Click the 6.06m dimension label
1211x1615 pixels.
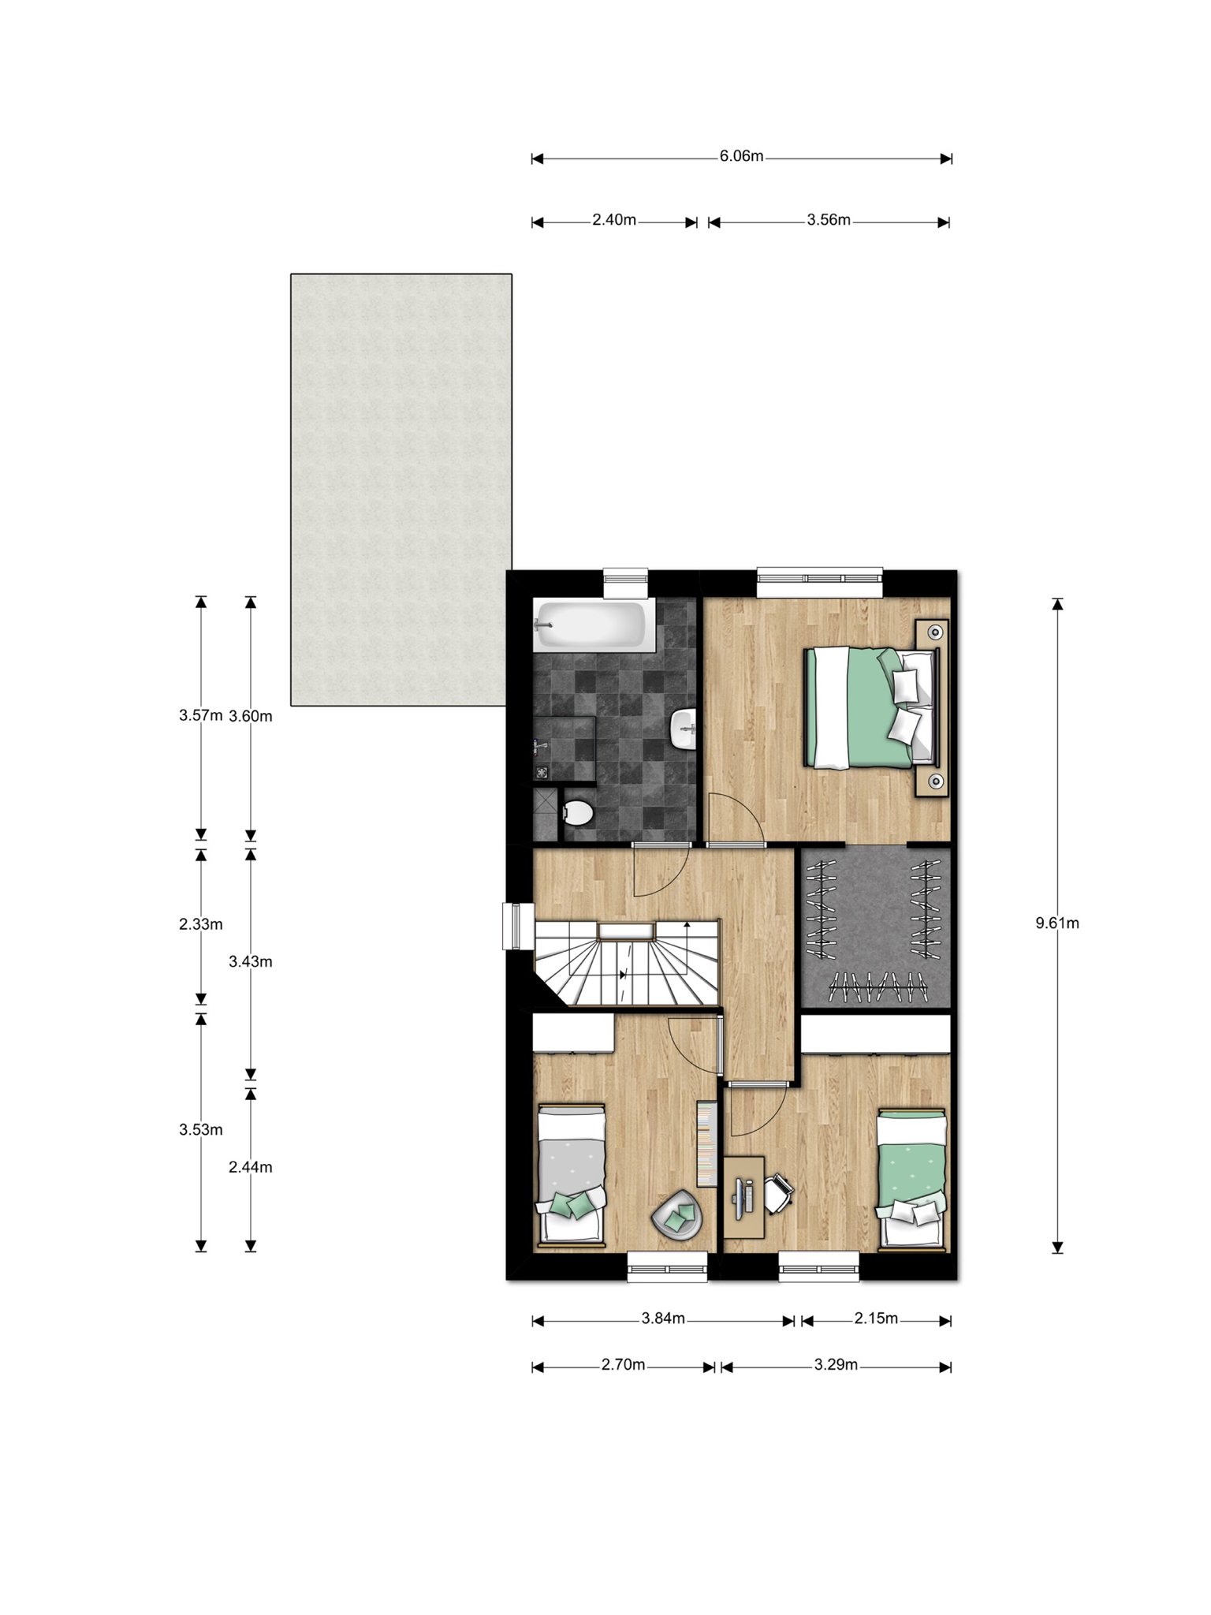[x=741, y=156]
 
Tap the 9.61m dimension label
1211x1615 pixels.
[x=1057, y=923]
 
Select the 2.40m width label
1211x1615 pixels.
[x=614, y=220]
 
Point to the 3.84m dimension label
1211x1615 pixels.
[x=663, y=1318]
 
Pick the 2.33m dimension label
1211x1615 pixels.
[x=201, y=924]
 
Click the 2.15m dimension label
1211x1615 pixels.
[x=876, y=1318]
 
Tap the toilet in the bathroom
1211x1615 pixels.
[x=578, y=812]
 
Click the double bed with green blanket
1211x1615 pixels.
[x=871, y=707]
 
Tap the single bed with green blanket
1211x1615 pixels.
[x=912, y=1179]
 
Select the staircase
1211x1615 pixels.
[x=628, y=963]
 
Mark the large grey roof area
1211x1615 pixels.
[x=401, y=489]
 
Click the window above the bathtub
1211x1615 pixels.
[x=625, y=584]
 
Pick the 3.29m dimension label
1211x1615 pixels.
[x=836, y=1364]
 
